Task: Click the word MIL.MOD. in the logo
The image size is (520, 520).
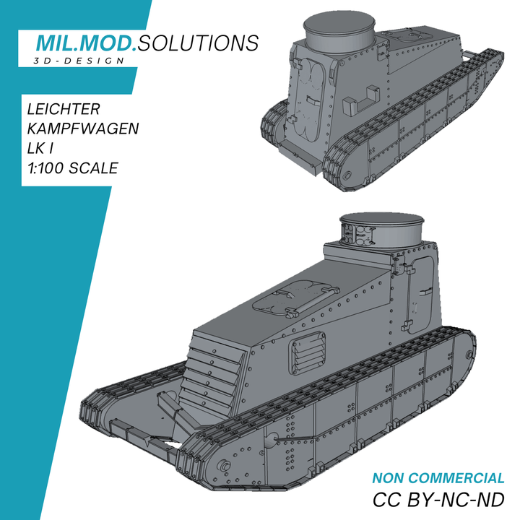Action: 87,43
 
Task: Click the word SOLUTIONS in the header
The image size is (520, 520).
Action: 197,43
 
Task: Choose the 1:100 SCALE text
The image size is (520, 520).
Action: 71,168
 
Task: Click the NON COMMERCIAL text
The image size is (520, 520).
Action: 438,478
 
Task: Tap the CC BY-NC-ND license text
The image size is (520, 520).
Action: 438,500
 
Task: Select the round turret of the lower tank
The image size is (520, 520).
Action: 383,232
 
